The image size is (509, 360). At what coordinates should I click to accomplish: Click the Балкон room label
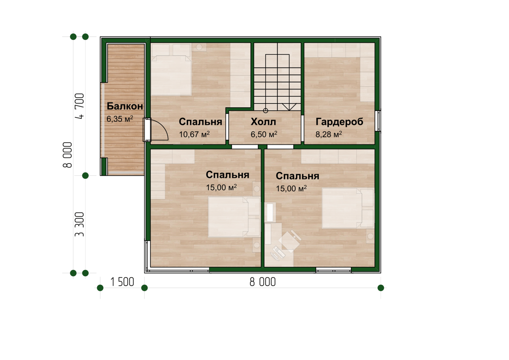pyautogui.click(x=125, y=106)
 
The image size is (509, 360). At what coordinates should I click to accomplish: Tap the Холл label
pyautogui.click(x=263, y=122)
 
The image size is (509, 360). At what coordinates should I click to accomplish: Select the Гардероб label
pyautogui.click(x=339, y=122)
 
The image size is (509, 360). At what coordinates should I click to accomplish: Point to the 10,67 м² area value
pyautogui.click(x=194, y=134)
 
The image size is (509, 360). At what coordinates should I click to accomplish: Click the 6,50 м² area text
pyautogui.click(x=264, y=134)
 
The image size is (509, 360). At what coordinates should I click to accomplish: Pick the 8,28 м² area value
pyautogui.click(x=328, y=134)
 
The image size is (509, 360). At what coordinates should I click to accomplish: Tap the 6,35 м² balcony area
pyautogui.click(x=120, y=119)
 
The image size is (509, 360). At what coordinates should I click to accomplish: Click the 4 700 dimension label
pyautogui.click(x=80, y=106)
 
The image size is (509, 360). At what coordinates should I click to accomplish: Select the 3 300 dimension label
pyautogui.click(x=79, y=224)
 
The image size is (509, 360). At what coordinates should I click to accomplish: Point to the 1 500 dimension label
pyautogui.click(x=122, y=282)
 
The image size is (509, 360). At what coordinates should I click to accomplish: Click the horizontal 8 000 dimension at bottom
pyautogui.click(x=263, y=282)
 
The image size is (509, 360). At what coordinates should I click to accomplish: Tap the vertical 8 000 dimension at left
pyautogui.click(x=67, y=155)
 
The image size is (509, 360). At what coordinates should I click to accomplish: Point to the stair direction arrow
pyautogui.click(x=289, y=107)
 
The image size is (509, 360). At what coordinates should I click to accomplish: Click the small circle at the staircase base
pyautogui.click(x=265, y=111)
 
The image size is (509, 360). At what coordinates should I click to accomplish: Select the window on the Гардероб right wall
pyautogui.click(x=378, y=121)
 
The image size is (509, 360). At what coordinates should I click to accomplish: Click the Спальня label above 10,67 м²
pyautogui.click(x=201, y=122)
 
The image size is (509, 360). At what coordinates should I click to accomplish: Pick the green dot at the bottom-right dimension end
pyautogui.click(x=381, y=288)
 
